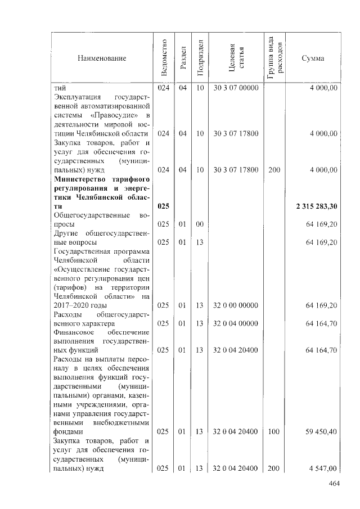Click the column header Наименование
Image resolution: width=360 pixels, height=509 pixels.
point(102,58)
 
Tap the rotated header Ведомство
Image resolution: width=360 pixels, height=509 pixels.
point(163,58)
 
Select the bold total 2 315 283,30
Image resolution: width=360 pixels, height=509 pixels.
point(317,206)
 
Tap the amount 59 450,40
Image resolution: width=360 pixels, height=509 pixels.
point(321,431)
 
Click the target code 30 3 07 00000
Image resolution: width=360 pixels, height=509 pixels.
point(236,88)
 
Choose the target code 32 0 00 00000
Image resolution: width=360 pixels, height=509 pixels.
point(236,305)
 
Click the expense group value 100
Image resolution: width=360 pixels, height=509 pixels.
point(274,431)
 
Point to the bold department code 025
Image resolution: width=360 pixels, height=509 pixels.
point(163,206)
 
